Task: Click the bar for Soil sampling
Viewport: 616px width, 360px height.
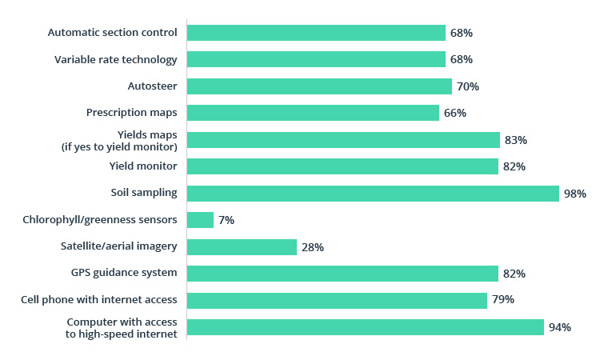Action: coord(373,194)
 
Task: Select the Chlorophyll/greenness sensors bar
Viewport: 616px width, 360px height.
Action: coord(200,220)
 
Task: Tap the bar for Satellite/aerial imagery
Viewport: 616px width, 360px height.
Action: coord(242,247)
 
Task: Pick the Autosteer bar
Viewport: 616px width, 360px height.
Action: coord(319,86)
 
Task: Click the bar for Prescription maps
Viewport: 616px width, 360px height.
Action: coord(313,113)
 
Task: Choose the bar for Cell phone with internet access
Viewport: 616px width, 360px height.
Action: coord(337,300)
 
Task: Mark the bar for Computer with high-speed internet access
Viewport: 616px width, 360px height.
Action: coord(366,327)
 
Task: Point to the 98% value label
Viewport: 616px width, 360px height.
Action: coord(575,194)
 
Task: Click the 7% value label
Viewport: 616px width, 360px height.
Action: coord(226,220)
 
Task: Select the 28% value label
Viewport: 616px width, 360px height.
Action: coord(313,247)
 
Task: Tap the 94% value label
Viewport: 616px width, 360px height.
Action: coord(559,327)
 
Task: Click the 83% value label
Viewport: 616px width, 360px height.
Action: coord(516,140)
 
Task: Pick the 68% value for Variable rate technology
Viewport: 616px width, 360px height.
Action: coord(462,59)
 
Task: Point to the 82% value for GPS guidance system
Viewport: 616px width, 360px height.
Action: coord(514,274)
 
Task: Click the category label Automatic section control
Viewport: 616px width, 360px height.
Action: coord(112,33)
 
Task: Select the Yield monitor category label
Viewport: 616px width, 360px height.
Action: coord(143,166)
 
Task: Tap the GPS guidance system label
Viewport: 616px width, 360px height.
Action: coord(124,274)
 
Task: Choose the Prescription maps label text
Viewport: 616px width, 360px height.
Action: coord(131,113)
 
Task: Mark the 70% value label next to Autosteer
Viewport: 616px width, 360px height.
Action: coord(468,86)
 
